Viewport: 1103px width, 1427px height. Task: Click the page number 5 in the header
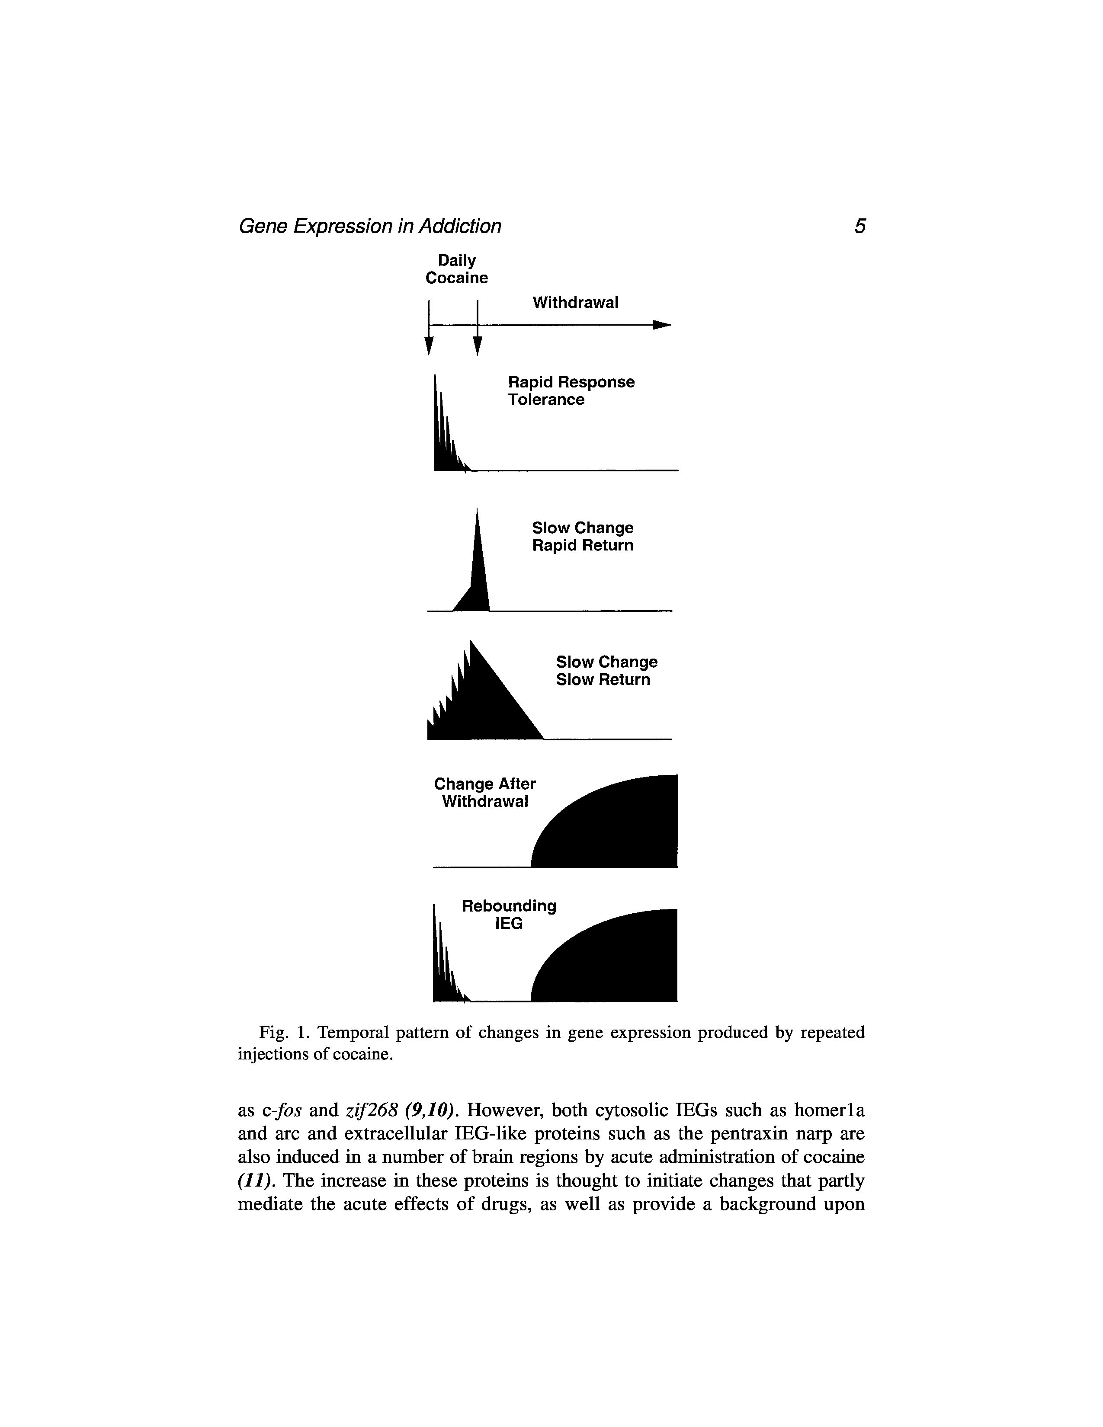pos(860,226)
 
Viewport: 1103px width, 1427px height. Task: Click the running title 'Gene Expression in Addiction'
pos(370,226)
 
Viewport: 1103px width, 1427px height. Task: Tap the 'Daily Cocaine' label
pos(457,269)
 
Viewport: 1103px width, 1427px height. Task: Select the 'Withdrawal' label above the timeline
pos(575,303)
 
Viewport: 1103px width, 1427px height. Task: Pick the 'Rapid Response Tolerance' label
pos(571,391)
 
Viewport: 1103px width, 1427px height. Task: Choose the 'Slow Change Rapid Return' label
pos(582,537)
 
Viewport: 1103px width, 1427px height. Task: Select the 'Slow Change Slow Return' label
pos(606,671)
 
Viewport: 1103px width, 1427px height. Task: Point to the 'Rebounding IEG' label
pos(509,915)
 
